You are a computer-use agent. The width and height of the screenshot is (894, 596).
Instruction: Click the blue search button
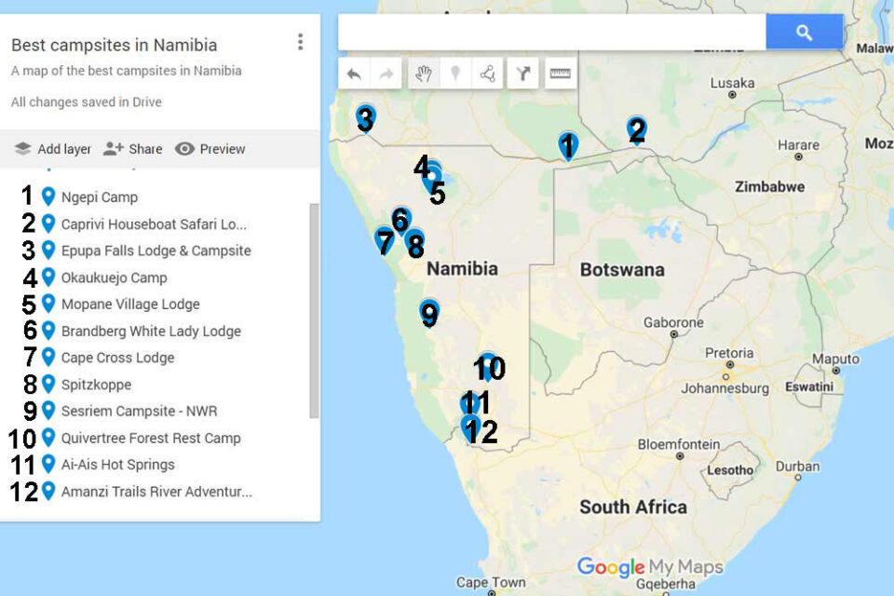[804, 33]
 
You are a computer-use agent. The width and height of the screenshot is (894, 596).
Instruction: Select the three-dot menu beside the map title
[300, 42]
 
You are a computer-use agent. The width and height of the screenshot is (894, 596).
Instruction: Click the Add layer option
[53, 149]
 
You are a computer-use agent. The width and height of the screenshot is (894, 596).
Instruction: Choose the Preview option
[210, 149]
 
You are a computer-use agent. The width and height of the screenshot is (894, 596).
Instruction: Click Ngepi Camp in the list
[99, 197]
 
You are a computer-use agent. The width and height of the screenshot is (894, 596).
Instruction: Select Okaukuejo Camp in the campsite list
[114, 278]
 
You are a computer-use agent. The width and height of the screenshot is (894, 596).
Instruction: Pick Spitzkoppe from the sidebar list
[96, 385]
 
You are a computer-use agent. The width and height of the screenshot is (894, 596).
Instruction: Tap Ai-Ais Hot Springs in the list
[117, 465]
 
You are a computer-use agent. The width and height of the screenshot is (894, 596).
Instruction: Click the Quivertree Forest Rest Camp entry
[150, 438]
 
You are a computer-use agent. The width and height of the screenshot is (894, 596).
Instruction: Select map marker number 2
[636, 129]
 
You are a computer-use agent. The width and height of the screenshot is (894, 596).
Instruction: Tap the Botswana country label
[622, 270]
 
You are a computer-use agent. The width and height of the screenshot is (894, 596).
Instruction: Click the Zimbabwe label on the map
[769, 186]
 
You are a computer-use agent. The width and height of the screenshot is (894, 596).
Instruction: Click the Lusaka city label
[732, 83]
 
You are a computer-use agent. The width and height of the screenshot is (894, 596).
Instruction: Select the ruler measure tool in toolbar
[560, 74]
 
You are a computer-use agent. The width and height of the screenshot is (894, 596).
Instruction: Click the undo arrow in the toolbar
[354, 74]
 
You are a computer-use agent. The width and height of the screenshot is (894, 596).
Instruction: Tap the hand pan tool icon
[424, 74]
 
